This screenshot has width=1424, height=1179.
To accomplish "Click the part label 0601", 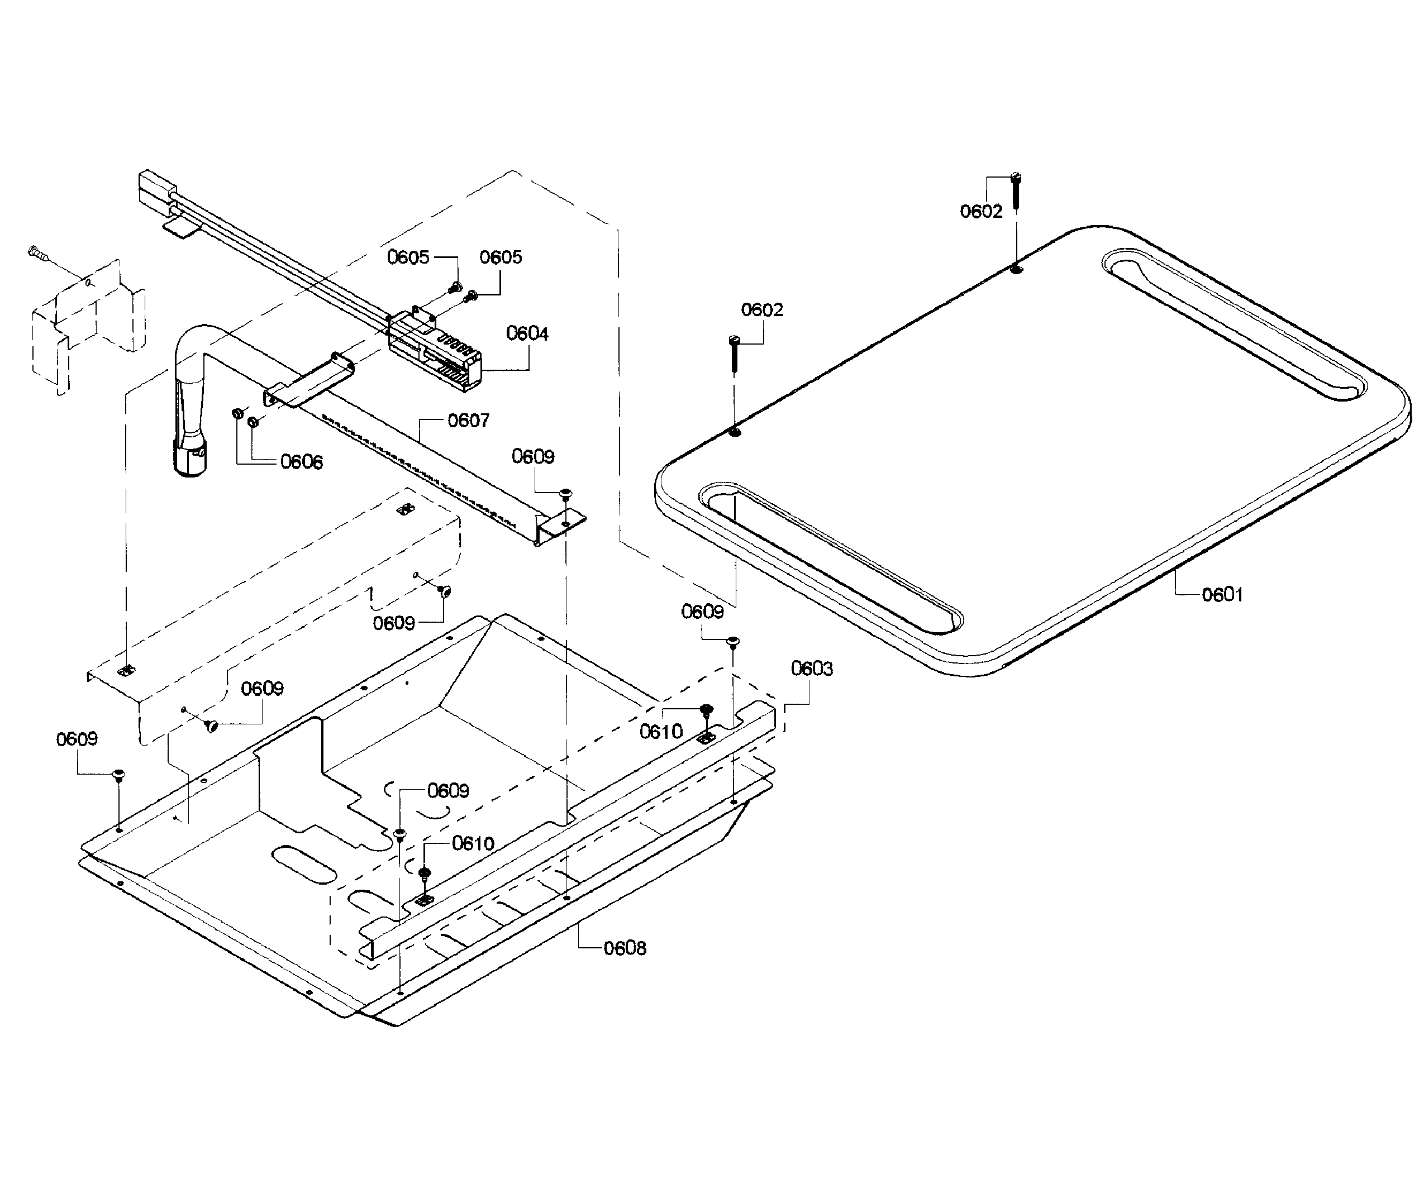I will [x=1222, y=595].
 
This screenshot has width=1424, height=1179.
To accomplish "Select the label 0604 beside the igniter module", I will [x=527, y=333].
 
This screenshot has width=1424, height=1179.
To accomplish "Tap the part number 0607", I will [x=468, y=421].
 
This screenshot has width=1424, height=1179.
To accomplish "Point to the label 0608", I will [x=625, y=948].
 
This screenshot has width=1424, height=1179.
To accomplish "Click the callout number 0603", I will [x=812, y=669].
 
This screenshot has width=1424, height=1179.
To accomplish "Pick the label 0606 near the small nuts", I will [x=301, y=462].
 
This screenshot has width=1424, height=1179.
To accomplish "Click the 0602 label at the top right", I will [x=980, y=212].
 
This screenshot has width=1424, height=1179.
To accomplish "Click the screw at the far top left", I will [x=38, y=254].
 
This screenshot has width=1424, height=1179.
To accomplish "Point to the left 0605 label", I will [x=408, y=257].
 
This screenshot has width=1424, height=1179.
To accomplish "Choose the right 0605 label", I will [x=501, y=257].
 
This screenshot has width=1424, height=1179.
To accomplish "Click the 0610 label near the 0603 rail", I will [x=661, y=732].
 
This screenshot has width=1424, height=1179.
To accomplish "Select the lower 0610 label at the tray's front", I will [x=473, y=843].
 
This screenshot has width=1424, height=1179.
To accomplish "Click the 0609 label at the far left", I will [x=77, y=739].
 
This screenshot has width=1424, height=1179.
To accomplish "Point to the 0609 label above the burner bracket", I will [x=532, y=456].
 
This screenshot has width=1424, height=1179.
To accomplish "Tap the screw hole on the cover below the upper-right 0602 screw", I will [x=1016, y=270].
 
